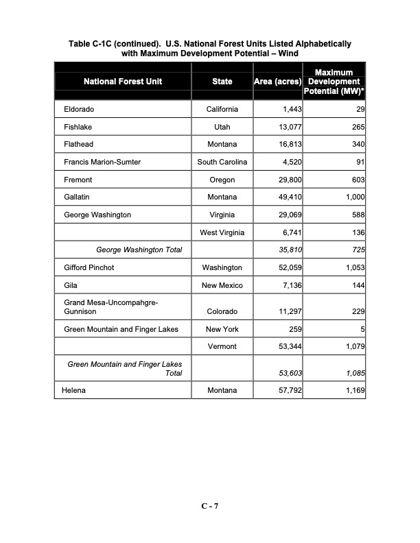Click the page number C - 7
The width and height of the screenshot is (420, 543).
[209, 507]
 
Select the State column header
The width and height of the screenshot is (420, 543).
[222, 82]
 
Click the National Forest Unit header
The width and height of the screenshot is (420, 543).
[123, 82]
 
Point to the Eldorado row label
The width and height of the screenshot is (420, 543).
[79, 110]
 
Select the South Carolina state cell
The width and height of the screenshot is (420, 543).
[222, 162]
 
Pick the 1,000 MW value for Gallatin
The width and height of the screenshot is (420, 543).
[352, 197]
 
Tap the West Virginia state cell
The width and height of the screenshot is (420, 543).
[222, 233]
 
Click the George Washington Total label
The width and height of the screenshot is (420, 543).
[139, 250]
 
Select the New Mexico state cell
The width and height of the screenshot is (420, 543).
[222, 285]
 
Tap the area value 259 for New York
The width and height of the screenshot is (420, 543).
[296, 329]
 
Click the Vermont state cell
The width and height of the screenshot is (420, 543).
[222, 347]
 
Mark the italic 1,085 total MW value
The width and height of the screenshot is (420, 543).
[352, 374]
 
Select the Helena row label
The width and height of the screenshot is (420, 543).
[75, 391]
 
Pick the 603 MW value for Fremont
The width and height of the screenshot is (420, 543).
[355, 180]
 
